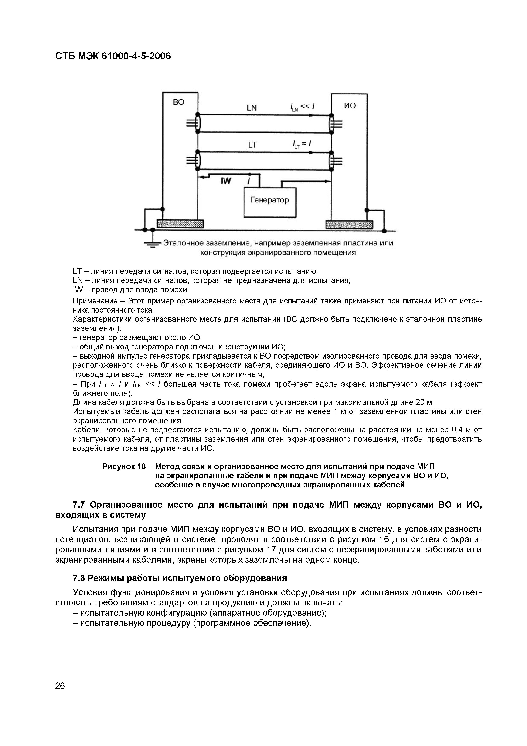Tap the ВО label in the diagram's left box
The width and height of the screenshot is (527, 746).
178,102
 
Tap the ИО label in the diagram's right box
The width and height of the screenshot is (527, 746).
350,106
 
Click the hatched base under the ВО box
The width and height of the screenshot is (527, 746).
180,224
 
